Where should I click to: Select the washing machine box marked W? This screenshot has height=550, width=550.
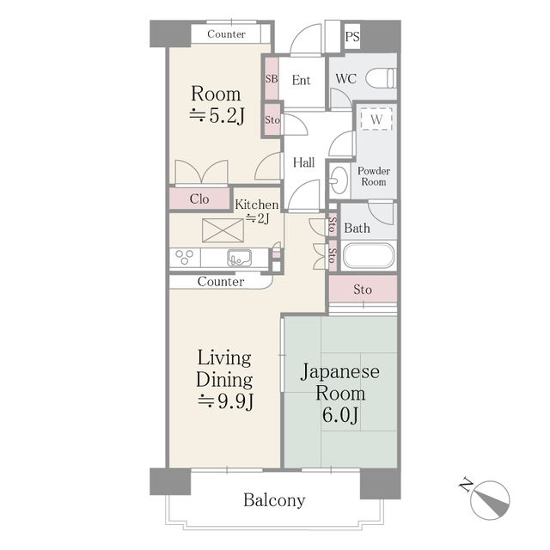coord(376,119)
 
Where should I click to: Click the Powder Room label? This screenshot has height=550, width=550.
coord(374,176)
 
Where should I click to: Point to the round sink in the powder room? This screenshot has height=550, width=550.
coord(339,180)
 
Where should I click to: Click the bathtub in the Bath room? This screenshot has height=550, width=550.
coord(369,256)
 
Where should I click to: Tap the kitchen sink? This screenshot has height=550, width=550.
coord(239,257)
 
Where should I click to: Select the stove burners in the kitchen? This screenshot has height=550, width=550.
coord(184,257)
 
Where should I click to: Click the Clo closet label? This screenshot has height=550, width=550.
coord(199,199)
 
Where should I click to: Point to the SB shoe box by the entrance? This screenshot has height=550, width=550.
coord(272,79)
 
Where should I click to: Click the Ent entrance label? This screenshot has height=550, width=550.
coord(301,81)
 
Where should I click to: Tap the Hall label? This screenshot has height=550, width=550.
coord(303,162)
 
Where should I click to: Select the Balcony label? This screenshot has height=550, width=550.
coord(274,500)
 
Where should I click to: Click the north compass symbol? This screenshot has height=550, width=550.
coord(488,498)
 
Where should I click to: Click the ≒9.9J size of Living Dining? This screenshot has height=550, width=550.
coord(224,401)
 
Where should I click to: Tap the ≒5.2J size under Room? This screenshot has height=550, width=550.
coord(217,117)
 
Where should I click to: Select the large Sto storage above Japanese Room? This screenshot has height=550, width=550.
coord(363,290)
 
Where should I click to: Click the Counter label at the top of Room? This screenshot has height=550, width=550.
coord(226,34)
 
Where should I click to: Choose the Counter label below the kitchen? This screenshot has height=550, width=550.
coord(220,282)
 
